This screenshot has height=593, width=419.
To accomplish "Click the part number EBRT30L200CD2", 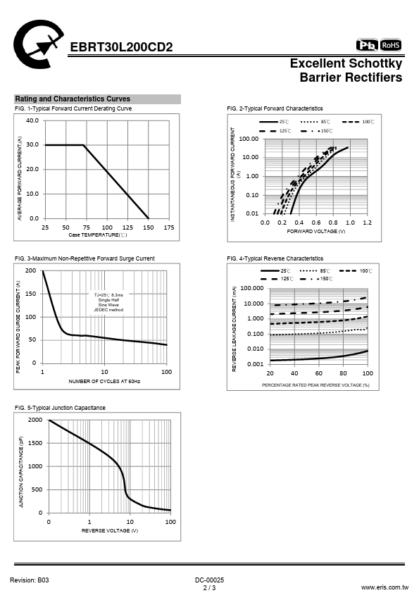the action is point(121,47).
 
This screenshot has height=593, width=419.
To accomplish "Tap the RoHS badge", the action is point(391,45).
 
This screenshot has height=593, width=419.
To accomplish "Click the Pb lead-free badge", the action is point(367,45).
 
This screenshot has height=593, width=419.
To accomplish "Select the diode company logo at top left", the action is point(38,44).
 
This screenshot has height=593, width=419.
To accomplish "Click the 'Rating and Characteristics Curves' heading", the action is point(73,99).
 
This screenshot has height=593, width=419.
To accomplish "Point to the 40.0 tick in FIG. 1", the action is point(32,120).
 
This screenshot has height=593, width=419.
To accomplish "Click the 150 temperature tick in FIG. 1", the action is point(149,227).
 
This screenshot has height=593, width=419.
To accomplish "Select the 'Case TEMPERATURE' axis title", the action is point(98,235).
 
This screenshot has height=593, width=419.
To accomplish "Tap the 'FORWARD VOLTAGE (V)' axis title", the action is point(315,232).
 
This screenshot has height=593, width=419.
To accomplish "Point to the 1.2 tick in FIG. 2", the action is point(367,223).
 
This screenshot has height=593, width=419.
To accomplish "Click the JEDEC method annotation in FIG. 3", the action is point(108,310).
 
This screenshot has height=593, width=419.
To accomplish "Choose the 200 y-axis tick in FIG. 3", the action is point(30,270).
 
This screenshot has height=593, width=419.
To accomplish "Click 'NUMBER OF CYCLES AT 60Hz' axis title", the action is point(104,381).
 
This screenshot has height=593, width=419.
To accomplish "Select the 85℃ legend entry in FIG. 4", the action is point(315,270).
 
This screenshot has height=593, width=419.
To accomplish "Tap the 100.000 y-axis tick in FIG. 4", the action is point(252,288).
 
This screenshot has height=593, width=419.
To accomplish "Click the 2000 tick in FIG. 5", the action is point(35,420).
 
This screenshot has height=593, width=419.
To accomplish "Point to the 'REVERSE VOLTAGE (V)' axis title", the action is point(110,530).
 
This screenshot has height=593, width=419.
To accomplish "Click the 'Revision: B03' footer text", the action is point(30,580).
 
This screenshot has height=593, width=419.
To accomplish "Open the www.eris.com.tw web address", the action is point(384,587).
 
